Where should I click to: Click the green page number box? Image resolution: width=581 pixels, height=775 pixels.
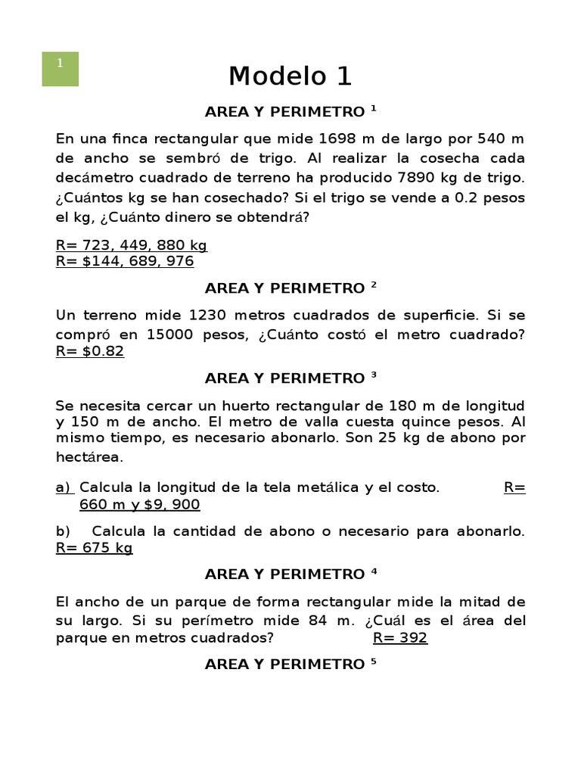coord(60,69)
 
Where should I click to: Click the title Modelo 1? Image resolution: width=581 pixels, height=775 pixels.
coord(290,76)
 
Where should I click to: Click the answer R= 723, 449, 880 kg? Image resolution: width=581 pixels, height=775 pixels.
coord(132,245)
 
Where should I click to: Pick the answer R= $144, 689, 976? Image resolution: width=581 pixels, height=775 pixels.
coord(125,261)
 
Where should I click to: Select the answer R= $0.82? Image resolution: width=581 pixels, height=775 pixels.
coord(90,351)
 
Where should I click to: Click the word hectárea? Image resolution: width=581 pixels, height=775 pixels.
coord(89,457)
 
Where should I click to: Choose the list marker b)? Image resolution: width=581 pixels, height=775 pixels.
coord(63,531)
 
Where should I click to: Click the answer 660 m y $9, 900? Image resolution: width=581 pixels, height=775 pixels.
coord(139,505)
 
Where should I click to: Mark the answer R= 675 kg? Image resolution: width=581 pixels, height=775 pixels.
coord(95,548)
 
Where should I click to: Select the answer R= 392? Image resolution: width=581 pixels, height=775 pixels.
coord(400,637)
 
